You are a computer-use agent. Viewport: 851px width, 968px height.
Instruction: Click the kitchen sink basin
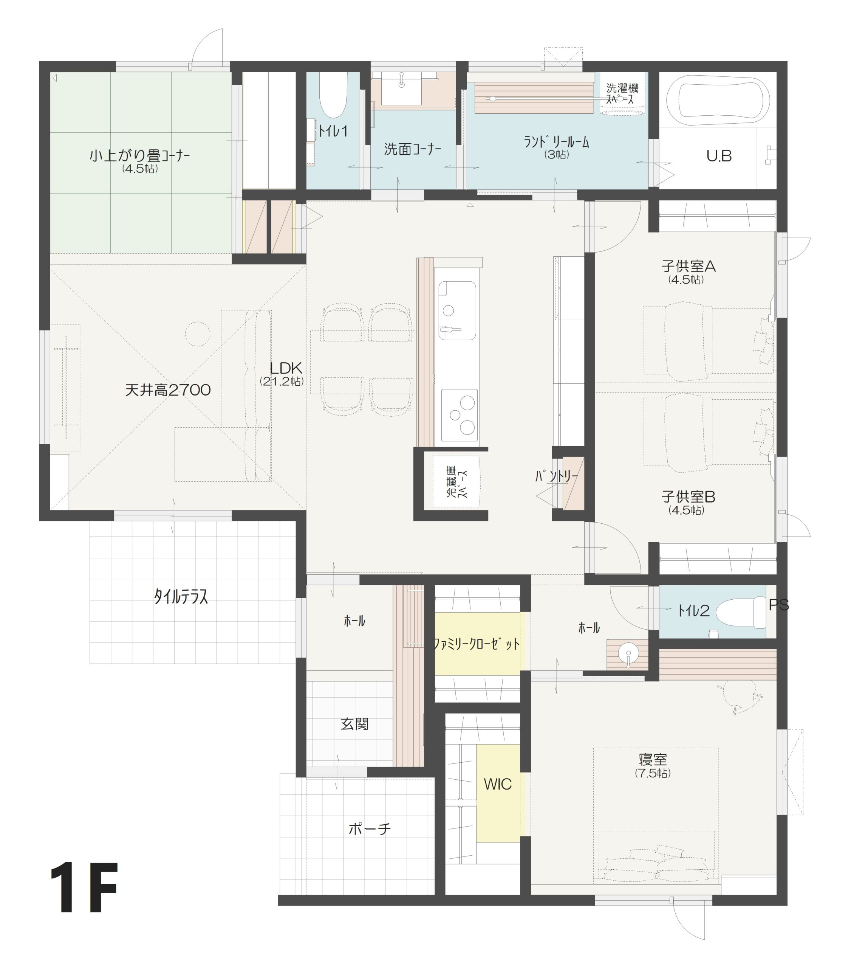pos(457,310)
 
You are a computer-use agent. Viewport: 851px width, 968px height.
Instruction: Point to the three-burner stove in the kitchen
pos(459,415)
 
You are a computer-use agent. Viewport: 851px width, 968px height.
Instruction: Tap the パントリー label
pos(557,475)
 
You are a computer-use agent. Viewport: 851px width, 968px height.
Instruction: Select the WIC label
pos(497,784)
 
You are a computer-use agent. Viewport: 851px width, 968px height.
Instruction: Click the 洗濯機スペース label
pos(622,94)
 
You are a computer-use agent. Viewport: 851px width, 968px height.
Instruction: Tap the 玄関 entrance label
pos(354,724)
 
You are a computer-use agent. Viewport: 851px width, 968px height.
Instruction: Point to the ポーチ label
pos(370,829)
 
